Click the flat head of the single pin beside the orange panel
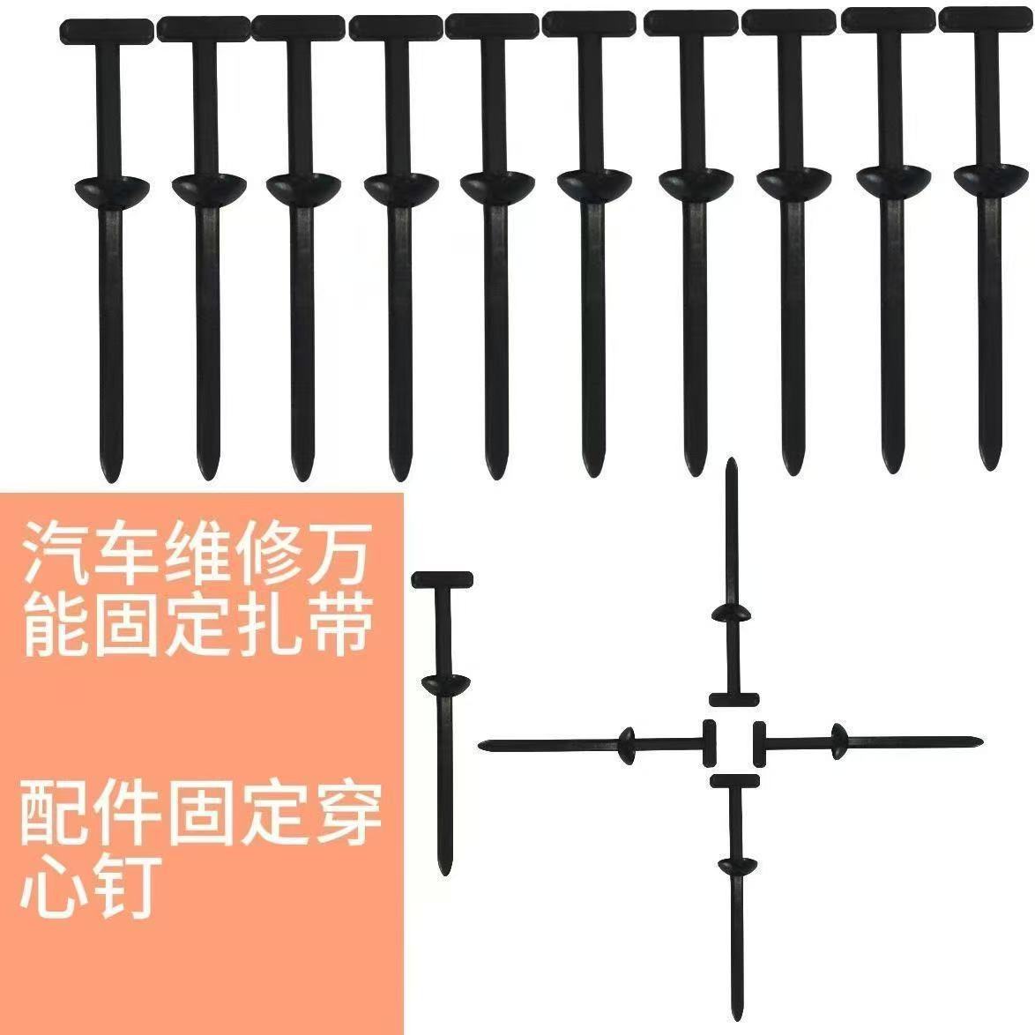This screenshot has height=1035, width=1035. [442, 579]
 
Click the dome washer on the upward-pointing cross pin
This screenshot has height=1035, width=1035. [731, 613]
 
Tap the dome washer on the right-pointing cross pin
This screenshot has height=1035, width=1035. [837, 739]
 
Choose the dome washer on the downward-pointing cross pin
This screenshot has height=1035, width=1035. [735, 865]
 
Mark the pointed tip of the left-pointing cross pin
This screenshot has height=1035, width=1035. [484, 747]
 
